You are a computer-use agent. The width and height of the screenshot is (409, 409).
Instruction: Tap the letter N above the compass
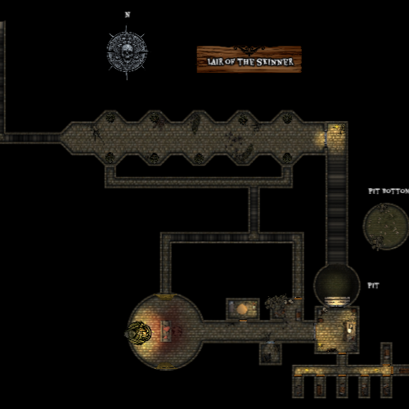(128, 15)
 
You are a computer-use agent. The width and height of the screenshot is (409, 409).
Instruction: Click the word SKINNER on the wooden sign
(275, 62)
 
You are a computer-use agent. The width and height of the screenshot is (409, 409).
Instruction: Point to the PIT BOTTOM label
(389, 191)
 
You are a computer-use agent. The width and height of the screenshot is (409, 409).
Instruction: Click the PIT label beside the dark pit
(373, 285)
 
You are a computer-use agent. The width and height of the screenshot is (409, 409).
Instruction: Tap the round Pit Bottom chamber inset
(386, 227)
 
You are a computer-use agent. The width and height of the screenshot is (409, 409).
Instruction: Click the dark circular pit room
(337, 285)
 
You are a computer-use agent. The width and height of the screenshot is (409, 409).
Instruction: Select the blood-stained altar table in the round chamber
(166, 331)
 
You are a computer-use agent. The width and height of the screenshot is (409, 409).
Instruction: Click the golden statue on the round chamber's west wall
(138, 333)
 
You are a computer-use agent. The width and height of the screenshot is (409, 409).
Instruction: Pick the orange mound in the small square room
(242, 309)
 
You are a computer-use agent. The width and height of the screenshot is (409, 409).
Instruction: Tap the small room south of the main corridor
(270, 353)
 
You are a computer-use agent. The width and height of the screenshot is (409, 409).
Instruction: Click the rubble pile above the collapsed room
(279, 302)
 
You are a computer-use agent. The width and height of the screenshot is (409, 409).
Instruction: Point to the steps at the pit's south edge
(337, 302)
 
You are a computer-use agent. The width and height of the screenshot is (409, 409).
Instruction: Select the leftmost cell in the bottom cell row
(298, 387)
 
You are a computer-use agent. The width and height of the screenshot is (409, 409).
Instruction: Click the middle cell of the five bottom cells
(342, 387)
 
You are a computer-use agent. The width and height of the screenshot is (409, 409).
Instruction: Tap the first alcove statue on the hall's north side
(110, 118)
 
